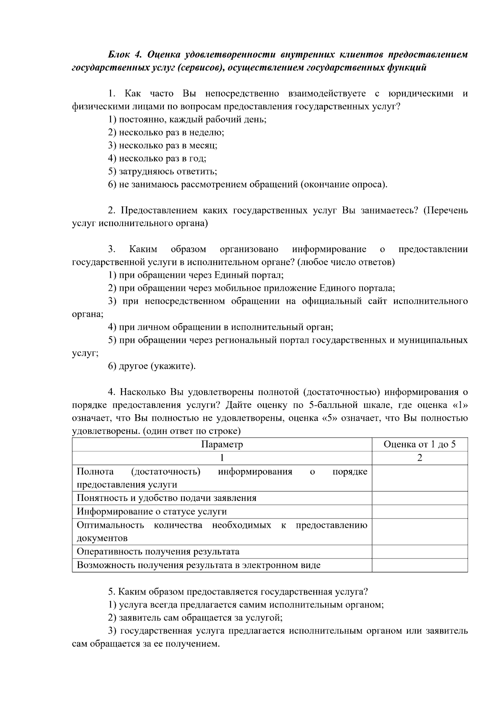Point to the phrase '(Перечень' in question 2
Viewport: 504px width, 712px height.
point(444,210)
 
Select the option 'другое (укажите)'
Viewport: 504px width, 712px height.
point(152,366)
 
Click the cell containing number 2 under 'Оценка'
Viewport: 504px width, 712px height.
point(419,458)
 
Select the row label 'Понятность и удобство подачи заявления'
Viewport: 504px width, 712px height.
point(166,498)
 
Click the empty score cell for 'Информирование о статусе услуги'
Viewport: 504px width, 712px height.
point(419,511)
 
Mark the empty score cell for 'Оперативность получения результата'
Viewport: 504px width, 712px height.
point(419,552)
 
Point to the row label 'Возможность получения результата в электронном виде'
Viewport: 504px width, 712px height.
point(198,565)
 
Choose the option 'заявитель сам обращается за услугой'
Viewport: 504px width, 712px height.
point(195,618)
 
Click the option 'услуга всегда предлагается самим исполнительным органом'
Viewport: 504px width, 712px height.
point(246,605)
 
